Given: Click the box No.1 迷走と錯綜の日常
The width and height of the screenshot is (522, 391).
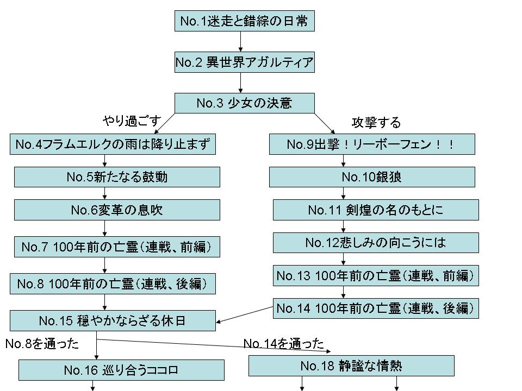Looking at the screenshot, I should (x=243, y=22).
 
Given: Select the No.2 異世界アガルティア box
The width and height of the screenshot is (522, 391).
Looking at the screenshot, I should (x=244, y=63).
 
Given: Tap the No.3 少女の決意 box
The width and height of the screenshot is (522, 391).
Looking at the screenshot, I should (x=244, y=103).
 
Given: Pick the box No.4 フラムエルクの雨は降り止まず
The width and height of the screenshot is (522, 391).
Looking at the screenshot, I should (x=112, y=145).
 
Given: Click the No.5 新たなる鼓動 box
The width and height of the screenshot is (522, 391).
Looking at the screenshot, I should (x=117, y=177).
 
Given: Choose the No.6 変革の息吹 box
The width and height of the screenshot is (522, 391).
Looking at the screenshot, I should (x=117, y=210).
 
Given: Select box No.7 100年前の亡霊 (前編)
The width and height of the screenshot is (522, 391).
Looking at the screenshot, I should (x=117, y=247).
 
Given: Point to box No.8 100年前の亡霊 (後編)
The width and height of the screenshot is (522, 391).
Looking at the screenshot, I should (x=113, y=283).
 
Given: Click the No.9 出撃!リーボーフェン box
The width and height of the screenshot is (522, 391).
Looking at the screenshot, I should (x=372, y=145).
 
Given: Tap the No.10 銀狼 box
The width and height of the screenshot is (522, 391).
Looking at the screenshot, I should (x=372, y=177).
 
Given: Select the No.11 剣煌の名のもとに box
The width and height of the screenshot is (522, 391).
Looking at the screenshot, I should (x=376, y=210).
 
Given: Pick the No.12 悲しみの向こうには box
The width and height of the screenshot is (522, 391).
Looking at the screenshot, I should (x=376, y=243).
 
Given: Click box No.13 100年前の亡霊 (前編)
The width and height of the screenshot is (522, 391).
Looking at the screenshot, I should (x=376, y=275).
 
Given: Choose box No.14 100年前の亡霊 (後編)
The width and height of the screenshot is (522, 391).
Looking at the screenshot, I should (x=376, y=308).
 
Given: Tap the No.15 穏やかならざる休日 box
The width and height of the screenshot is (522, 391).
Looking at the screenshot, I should (x=113, y=320).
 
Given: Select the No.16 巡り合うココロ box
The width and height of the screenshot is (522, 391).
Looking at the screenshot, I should (x=121, y=370).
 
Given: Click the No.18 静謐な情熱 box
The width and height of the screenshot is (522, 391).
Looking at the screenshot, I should (x=351, y=366).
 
